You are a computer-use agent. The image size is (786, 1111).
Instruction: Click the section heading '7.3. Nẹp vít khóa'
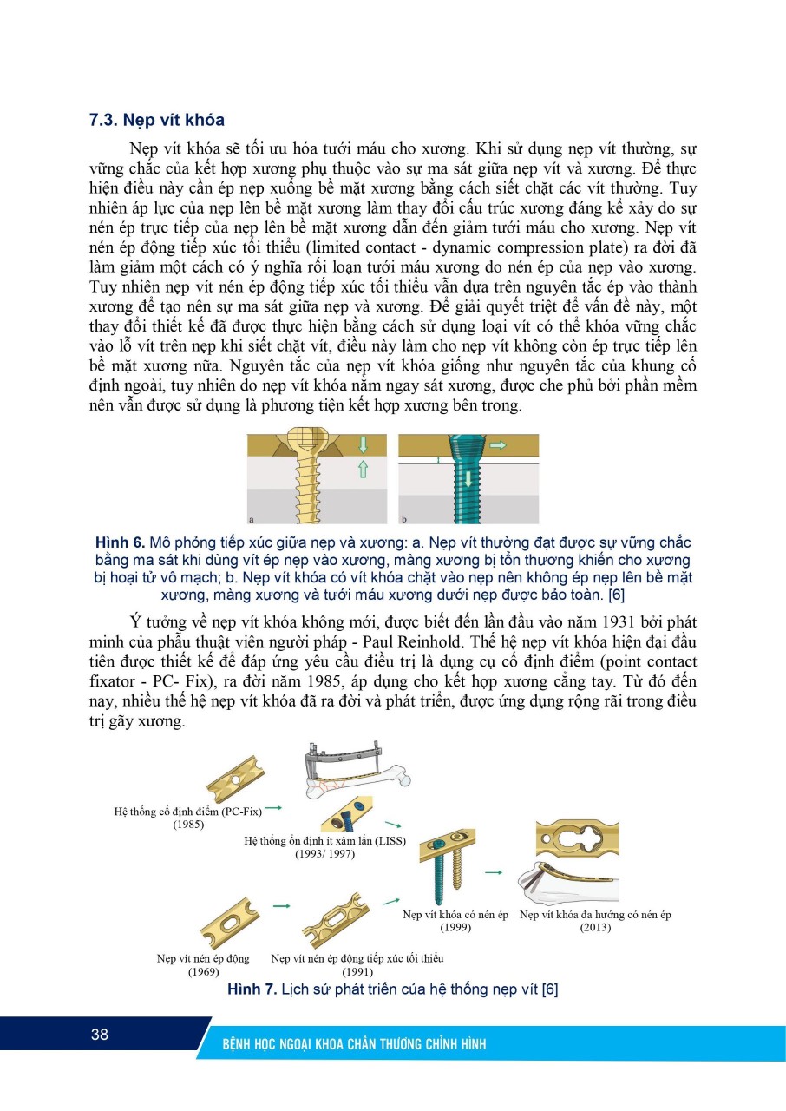pos(157,121)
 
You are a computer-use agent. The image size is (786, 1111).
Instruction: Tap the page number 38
pos(99,1034)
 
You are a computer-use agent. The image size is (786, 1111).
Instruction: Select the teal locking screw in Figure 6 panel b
pos(457,483)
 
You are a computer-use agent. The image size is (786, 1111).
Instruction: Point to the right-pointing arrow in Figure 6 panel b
pos(499,444)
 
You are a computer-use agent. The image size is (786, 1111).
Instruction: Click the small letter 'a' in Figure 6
pos(252,520)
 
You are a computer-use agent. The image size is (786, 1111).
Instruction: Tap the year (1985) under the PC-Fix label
pos(189,825)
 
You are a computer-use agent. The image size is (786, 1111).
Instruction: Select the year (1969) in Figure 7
pos(203,971)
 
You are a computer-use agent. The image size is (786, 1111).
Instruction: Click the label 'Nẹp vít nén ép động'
pos(203,958)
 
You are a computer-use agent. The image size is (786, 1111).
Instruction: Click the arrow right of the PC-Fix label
pos(274,808)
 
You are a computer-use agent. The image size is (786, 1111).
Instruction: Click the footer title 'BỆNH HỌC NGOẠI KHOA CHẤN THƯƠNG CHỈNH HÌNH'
pos(353,1044)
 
